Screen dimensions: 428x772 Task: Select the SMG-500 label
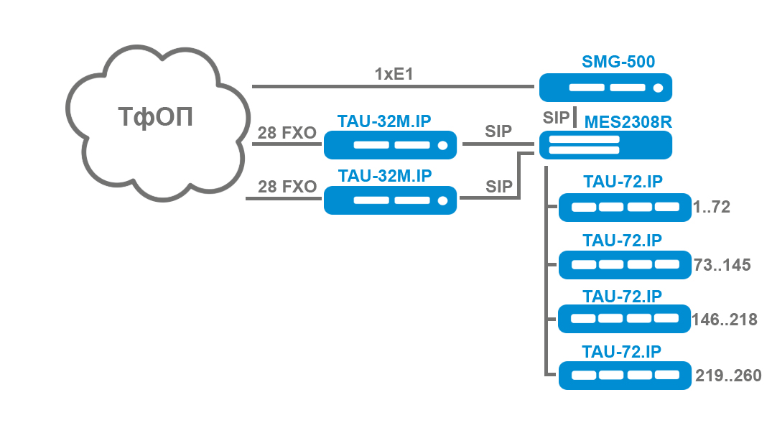click(x=618, y=62)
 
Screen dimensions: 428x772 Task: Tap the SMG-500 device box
click(x=605, y=88)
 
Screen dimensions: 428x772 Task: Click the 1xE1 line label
click(x=394, y=74)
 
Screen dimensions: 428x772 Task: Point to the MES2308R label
click(x=628, y=121)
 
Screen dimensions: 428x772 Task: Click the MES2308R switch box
click(x=605, y=146)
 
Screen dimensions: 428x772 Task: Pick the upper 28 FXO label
click(x=287, y=133)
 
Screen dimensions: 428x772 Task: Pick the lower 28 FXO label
click(x=287, y=187)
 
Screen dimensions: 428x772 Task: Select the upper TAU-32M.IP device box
click(x=391, y=145)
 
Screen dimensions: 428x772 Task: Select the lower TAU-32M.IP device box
click(x=391, y=200)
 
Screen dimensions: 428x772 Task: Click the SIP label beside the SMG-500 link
click(x=556, y=118)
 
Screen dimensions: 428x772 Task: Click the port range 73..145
click(x=722, y=265)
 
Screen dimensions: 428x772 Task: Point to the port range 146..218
click(x=724, y=320)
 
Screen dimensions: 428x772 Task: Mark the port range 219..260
click(x=728, y=375)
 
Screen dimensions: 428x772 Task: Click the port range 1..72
click(x=712, y=208)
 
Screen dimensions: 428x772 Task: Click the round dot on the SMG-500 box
click(x=658, y=88)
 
